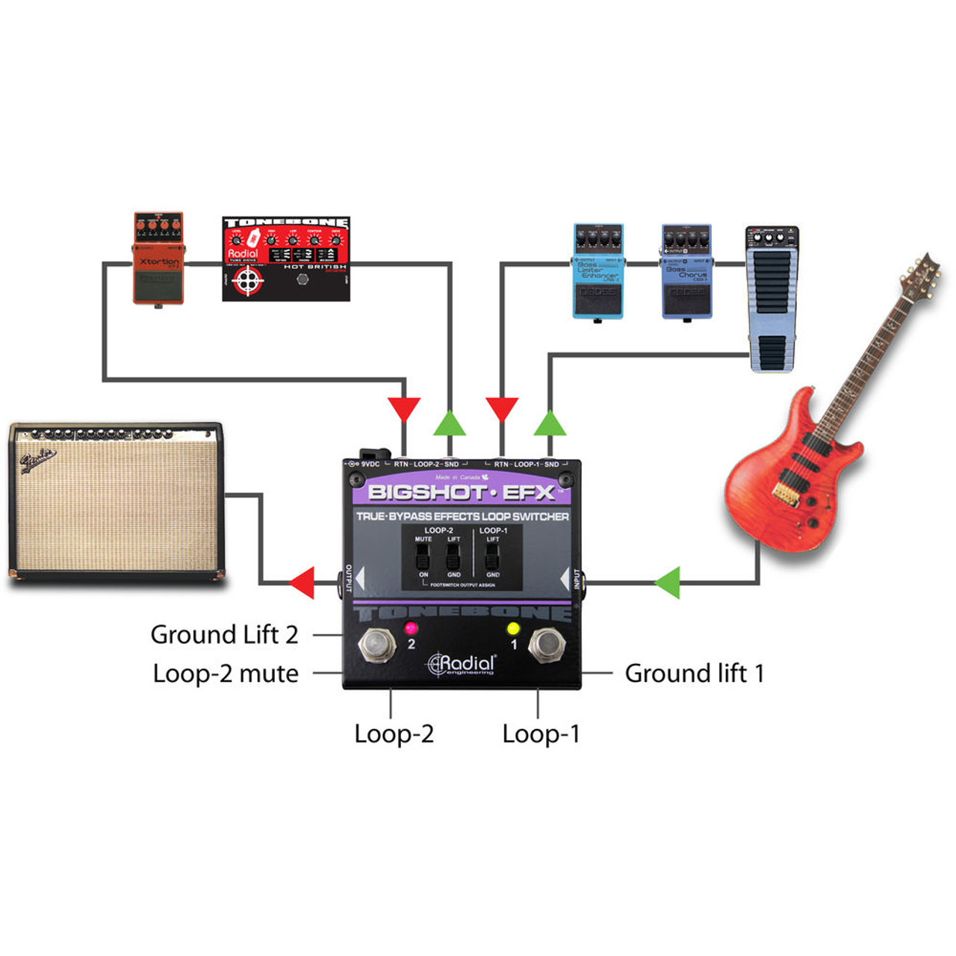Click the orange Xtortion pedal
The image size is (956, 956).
(158, 259)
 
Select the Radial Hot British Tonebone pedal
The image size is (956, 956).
(286, 259)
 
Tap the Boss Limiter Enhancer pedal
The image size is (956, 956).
(597, 271)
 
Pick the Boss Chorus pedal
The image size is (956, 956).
(686, 271)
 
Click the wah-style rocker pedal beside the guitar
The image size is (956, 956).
(772, 299)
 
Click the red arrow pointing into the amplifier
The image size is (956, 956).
(302, 583)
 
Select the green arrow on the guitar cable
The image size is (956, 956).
(668, 583)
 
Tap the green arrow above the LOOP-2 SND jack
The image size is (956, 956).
(450, 423)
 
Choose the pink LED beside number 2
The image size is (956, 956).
(410, 627)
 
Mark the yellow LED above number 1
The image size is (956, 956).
(513, 627)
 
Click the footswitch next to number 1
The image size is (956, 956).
(546, 645)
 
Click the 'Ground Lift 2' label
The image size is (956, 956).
(224, 635)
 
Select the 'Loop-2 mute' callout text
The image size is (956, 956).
(226, 674)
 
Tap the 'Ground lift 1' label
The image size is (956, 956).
(694, 674)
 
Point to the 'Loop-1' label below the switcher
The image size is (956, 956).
(541, 734)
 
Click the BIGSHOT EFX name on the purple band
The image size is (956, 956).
(462, 492)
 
